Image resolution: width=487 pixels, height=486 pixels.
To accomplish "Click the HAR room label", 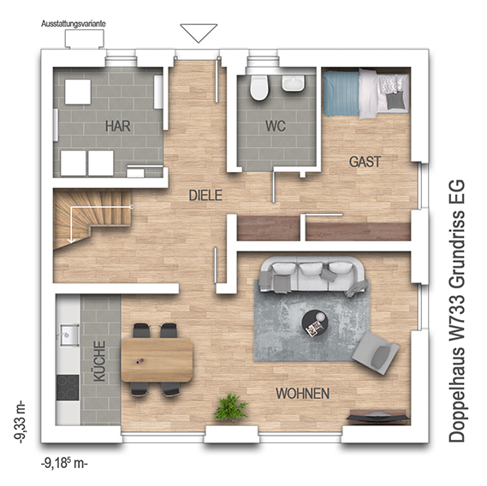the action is coord(118,126).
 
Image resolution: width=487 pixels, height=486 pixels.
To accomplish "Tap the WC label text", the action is coord(276,126).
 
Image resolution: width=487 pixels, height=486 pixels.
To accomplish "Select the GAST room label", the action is coord(365,162).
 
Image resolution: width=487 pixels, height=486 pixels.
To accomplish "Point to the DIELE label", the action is coord(205,195).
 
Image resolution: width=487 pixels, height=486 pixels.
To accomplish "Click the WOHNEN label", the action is coord(303,394).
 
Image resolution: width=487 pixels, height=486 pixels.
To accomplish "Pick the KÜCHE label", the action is coord(99,361).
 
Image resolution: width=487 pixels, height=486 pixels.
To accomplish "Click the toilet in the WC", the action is coord(258,87).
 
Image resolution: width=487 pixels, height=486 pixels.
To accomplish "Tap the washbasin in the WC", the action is coord(294,83).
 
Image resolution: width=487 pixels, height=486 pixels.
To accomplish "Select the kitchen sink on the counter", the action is coord(69,335).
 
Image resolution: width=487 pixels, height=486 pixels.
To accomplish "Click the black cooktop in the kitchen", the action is coord(68,388).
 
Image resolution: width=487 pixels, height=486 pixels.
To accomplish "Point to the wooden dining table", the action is coord(157,360).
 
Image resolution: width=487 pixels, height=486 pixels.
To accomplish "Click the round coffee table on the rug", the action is coord(315,324).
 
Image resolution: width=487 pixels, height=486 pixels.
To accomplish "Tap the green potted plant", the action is coord(231,406).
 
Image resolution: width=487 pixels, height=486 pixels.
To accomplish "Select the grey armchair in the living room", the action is coord(375,353).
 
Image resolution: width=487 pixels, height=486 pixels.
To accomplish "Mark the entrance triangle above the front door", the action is coord(199,33).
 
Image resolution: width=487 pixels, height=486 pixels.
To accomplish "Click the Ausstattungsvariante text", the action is coord(74,24).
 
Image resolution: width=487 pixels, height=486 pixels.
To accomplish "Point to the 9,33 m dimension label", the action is coord(20,423).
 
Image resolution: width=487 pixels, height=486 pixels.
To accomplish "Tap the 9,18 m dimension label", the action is coord(64,464).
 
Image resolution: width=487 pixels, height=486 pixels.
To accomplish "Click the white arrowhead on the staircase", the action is coord(71,240).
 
